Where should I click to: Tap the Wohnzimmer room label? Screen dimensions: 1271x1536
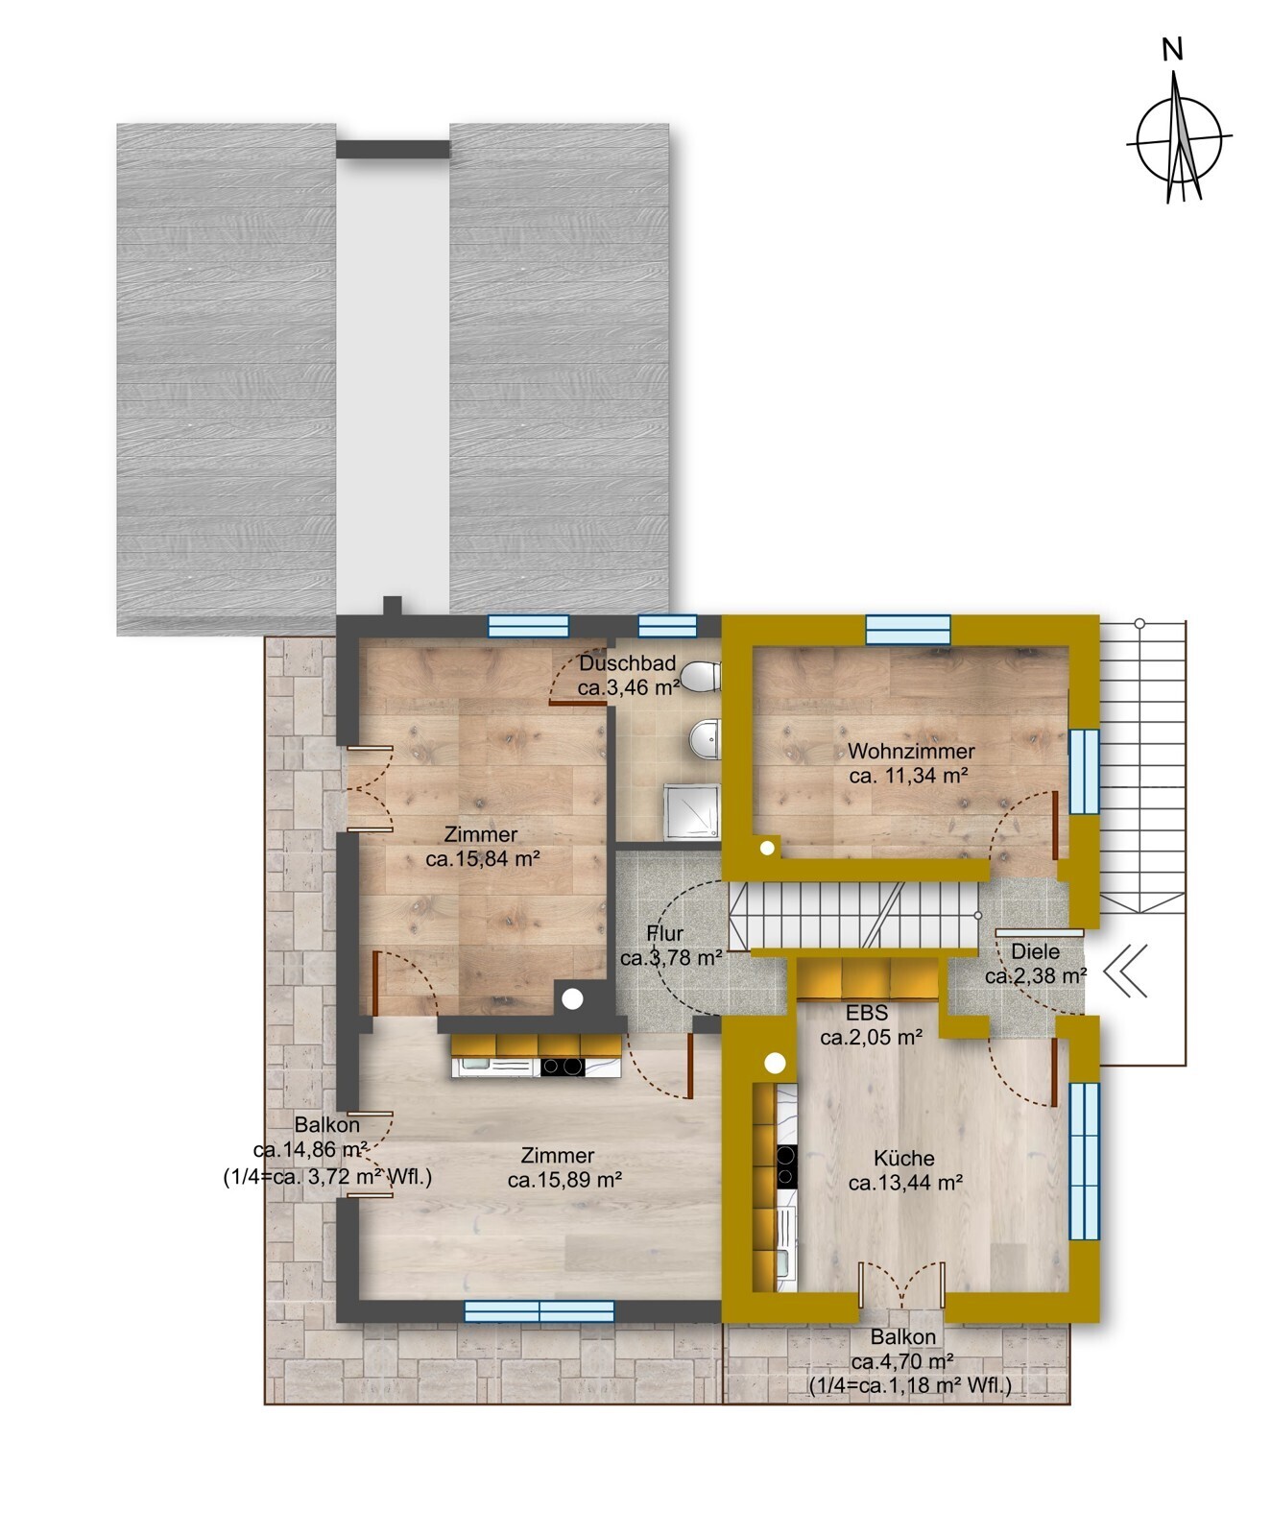click(911, 752)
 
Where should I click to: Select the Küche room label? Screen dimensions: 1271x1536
click(904, 1159)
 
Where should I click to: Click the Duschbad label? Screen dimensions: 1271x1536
click(628, 663)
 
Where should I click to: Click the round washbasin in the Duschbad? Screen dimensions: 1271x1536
click(705, 739)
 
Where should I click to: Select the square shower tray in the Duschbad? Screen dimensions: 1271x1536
click(691, 812)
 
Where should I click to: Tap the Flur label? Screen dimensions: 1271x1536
click(665, 933)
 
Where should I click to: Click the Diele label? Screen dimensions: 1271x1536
click(1036, 952)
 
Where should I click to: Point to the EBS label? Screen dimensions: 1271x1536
click(867, 1014)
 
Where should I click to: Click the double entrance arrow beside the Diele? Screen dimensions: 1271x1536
click(1126, 971)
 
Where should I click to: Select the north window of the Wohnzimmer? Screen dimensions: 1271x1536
click(908, 629)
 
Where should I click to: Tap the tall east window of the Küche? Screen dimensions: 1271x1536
click(1085, 1161)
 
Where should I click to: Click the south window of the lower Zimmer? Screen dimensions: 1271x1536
click(540, 1311)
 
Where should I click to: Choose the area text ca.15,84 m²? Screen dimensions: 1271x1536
click(483, 859)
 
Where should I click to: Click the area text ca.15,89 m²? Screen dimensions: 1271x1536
click(565, 1181)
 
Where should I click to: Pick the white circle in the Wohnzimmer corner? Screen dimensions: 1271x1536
click(768, 849)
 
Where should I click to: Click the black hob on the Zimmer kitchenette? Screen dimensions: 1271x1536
click(562, 1066)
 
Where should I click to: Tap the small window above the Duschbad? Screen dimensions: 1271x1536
click(668, 626)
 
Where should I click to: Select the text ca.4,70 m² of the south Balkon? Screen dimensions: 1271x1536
click(902, 1360)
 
